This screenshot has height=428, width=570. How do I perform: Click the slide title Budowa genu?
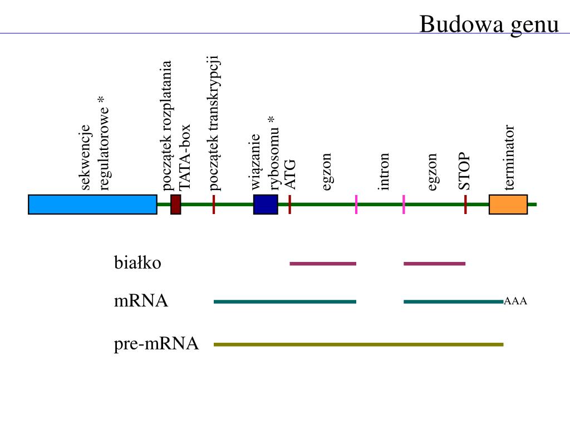489,25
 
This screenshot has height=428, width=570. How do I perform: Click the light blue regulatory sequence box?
92,205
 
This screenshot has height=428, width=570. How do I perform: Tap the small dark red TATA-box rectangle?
176,205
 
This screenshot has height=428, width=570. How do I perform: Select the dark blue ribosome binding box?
266,205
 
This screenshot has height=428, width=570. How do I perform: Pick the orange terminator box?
508,205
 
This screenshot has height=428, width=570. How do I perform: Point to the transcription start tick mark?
214,205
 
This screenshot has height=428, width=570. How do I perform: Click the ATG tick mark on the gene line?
289,205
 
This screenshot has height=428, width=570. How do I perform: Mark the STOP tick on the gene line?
465,205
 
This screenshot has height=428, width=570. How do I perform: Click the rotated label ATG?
291,174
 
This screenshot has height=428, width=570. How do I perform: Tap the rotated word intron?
384,172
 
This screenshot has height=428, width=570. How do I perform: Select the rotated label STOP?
465,172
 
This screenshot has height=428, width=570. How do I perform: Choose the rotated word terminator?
509,157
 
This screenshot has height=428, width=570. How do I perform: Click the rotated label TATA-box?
185,157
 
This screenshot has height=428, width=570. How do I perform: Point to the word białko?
137,262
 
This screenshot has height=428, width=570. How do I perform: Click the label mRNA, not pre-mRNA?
141,301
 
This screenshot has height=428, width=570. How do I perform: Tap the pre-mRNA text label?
156,344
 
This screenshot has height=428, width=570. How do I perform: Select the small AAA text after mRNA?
515,301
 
